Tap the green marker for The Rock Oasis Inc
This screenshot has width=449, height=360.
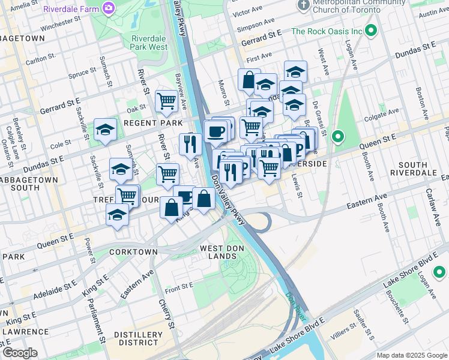click(371, 31)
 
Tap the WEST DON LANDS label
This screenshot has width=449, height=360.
click(218, 252)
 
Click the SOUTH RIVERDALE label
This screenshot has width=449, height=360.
click(421, 169)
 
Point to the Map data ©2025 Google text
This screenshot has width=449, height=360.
click(412, 355)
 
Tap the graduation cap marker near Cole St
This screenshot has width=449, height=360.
click(105, 130)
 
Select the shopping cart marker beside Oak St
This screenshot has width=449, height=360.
click(166, 101)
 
